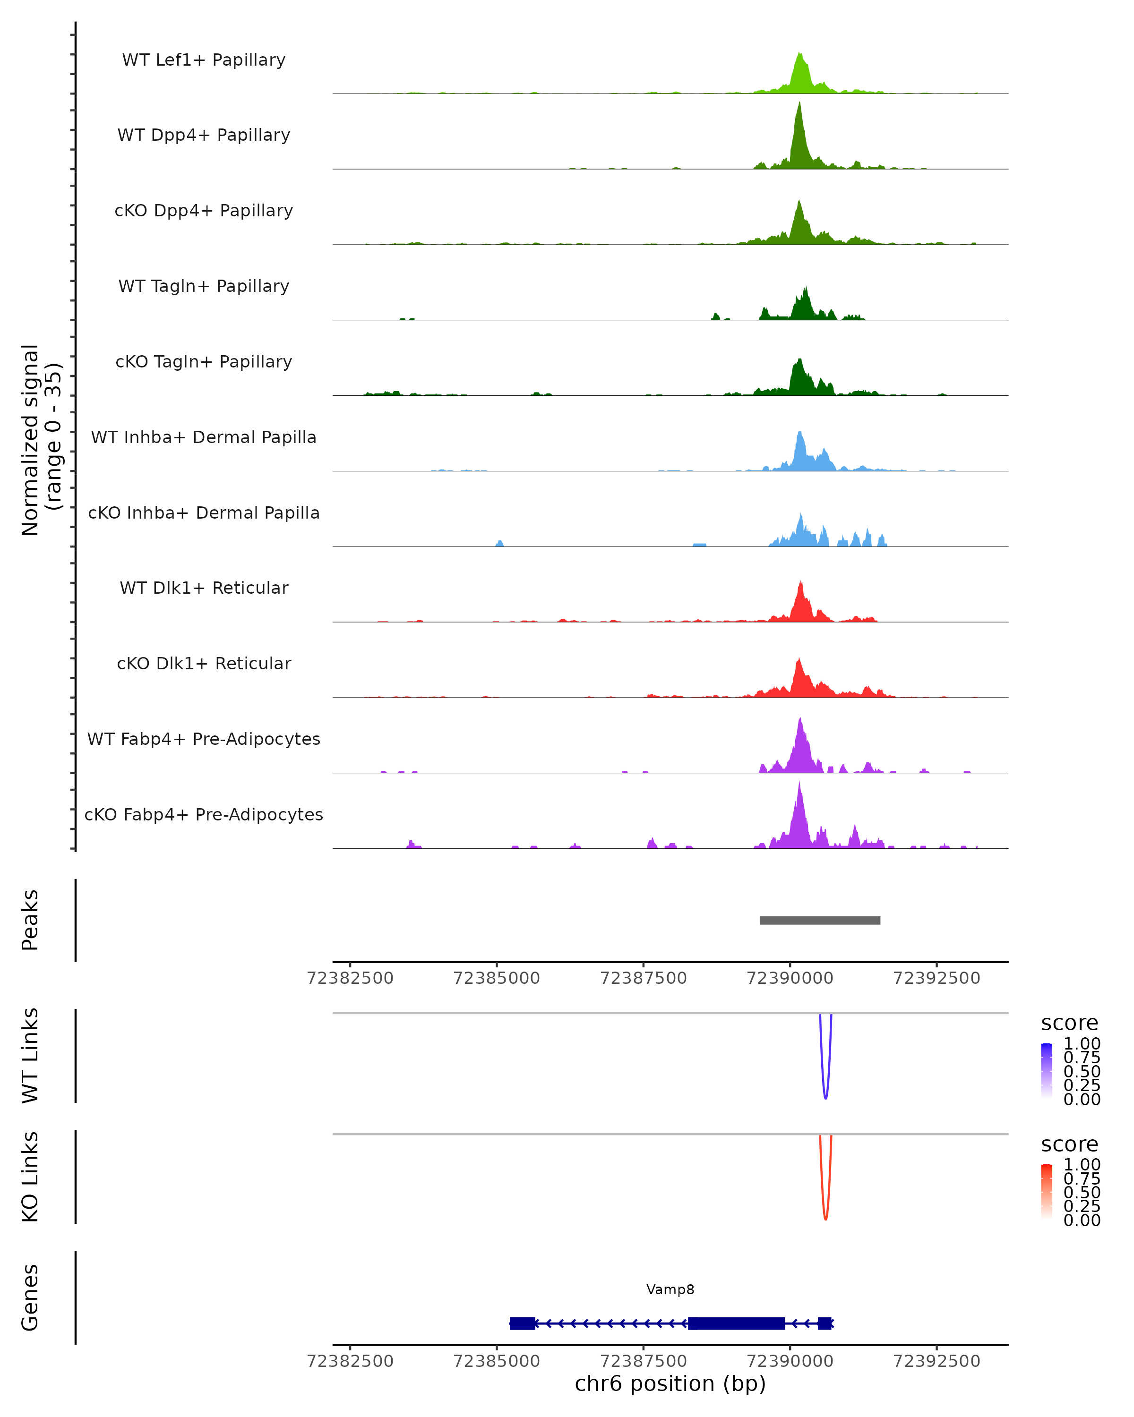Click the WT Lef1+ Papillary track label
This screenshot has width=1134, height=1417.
pos(204,60)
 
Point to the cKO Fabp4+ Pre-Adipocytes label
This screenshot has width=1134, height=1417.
pos(204,814)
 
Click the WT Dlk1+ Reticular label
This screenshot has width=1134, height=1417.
pos(204,588)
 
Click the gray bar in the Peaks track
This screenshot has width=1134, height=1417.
pos(820,920)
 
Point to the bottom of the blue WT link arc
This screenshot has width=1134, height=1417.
pos(825,1098)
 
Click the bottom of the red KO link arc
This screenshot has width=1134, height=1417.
pos(825,1219)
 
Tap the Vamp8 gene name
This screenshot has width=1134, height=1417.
pos(670,1289)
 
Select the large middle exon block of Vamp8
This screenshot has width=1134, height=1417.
pos(736,1323)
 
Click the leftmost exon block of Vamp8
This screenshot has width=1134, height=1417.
pos(523,1323)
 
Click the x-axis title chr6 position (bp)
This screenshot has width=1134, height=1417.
pos(670,1383)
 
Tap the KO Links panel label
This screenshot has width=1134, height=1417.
pos(30,1177)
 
